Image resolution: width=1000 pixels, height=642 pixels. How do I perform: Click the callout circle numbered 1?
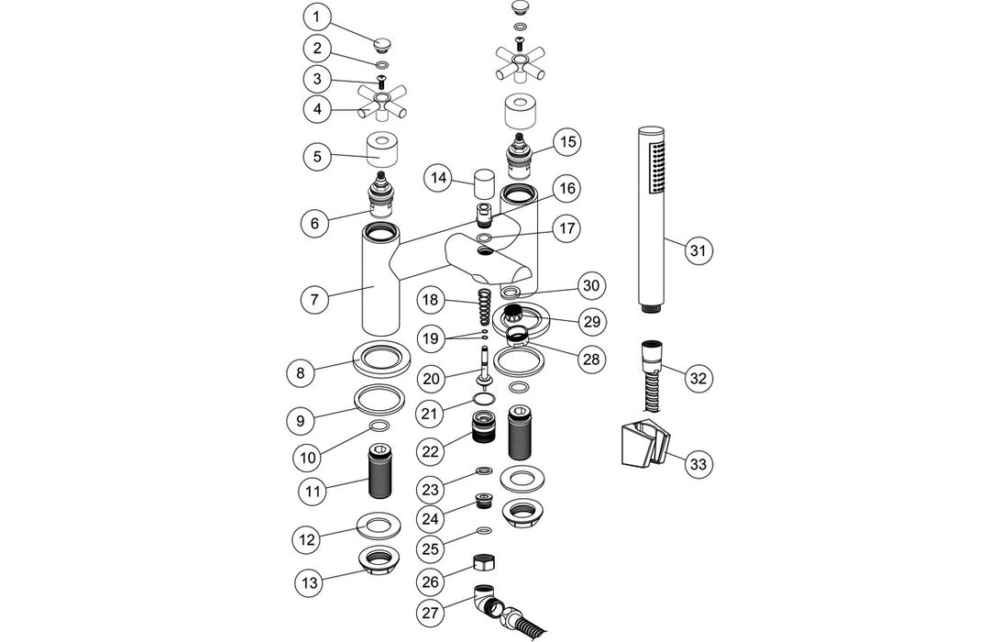[x=316, y=17]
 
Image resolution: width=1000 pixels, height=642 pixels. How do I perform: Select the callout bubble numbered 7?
[x=316, y=298]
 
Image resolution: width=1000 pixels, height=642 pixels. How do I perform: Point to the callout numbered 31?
[x=699, y=249]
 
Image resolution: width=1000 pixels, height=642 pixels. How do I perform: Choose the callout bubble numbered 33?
[x=699, y=464]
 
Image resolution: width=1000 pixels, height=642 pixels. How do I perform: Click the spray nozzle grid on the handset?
[x=653, y=167]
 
